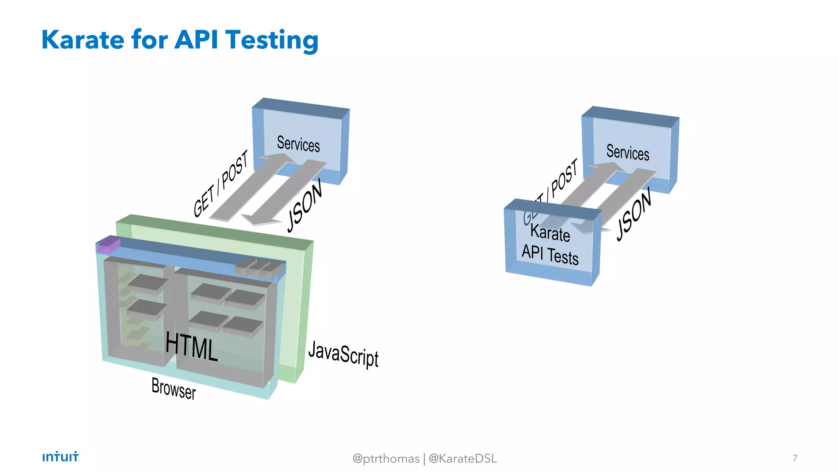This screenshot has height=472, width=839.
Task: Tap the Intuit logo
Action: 61,456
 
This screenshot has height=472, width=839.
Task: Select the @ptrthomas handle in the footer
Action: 386,458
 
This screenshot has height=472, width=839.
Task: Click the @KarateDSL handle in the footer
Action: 463,458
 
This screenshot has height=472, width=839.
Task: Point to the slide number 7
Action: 795,458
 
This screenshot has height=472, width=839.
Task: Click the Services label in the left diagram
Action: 298,144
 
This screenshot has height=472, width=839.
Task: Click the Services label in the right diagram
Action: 628,152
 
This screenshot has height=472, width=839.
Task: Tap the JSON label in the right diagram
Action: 634,214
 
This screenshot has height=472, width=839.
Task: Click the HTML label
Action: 191,347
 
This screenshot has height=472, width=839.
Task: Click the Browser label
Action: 174,388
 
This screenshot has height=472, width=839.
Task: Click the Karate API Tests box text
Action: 550,244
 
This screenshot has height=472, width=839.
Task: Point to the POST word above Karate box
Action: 565,178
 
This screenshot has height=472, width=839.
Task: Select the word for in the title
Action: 150,40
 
